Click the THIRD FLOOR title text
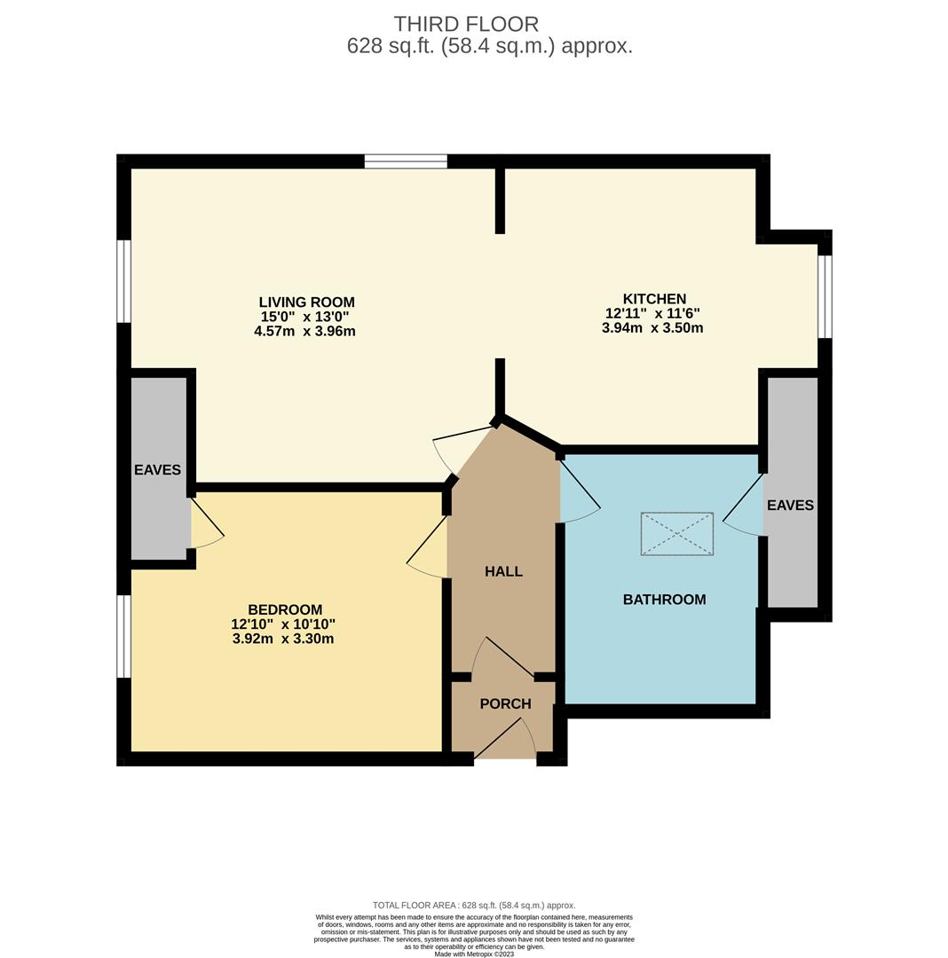(x=466, y=24)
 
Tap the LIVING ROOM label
(x=306, y=302)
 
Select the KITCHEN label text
(x=654, y=299)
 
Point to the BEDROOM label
(x=285, y=609)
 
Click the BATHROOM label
(x=664, y=600)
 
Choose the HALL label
(x=503, y=571)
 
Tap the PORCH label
(x=505, y=703)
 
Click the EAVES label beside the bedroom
(x=158, y=470)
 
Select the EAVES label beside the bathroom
(x=790, y=506)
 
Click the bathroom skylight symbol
(x=677, y=534)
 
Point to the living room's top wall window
(x=406, y=161)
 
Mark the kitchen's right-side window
(x=826, y=296)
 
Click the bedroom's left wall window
(x=124, y=636)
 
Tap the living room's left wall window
(x=124, y=281)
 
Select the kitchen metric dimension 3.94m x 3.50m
(x=652, y=328)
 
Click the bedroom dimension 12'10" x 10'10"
(x=284, y=624)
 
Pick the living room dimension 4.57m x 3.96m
(x=305, y=332)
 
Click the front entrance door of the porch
(x=506, y=739)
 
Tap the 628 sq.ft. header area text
(x=490, y=46)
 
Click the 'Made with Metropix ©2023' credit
(x=474, y=954)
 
